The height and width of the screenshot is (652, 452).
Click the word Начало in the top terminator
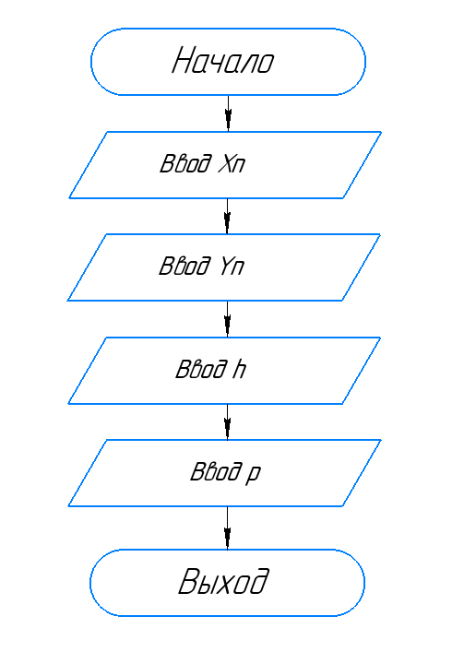pyautogui.click(x=223, y=61)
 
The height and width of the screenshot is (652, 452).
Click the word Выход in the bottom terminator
pyautogui.click(x=223, y=581)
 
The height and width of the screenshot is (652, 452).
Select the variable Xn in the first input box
pyautogui.click(x=232, y=163)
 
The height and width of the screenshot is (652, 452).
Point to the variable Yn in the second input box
pyautogui.click(x=232, y=267)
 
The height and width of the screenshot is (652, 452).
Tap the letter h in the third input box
pyautogui.click(x=239, y=369)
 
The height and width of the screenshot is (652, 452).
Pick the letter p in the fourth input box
pyautogui.click(x=253, y=474)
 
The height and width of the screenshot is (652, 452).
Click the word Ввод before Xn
pyautogui.click(x=185, y=163)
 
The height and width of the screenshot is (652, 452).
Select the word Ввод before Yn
pyautogui.click(x=185, y=267)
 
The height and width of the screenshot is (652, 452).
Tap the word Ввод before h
pyautogui.click(x=202, y=369)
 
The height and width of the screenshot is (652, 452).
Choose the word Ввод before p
pyautogui.click(x=216, y=471)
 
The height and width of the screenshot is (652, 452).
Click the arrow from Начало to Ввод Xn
pyautogui.click(x=228, y=113)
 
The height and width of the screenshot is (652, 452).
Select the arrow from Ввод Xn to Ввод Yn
pyautogui.click(x=227, y=216)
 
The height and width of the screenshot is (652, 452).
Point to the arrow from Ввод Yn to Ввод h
pyautogui.click(x=227, y=319)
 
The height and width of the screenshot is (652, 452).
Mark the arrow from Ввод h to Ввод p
pyautogui.click(x=227, y=421)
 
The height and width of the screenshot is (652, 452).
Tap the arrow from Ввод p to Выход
pyautogui.click(x=227, y=528)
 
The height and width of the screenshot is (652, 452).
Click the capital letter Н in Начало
pyautogui.click(x=184, y=61)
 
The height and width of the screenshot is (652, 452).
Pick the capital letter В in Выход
pyautogui.click(x=190, y=580)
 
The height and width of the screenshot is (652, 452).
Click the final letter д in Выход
pyautogui.click(x=257, y=581)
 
